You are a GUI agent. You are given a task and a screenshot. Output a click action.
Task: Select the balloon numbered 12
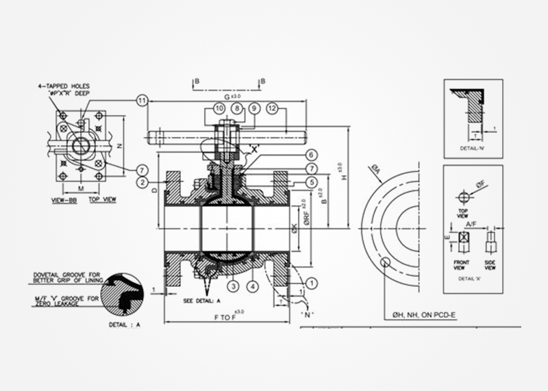click(x=273, y=108)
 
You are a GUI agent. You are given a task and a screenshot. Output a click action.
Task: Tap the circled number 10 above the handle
click(x=219, y=108)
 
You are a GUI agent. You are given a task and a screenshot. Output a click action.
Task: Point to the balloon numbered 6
click(x=311, y=155)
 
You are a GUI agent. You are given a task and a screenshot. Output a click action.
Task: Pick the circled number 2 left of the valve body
click(x=142, y=182)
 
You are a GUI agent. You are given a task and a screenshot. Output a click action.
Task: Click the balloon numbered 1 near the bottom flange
click(x=312, y=282)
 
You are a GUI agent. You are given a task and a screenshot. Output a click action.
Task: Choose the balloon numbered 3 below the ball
click(x=233, y=286)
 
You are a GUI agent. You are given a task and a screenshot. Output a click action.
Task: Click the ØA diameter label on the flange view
click(x=376, y=169)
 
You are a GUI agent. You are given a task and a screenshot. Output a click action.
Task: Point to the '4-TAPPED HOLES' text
click(x=64, y=86)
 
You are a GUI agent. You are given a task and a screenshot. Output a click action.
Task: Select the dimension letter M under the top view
click(x=81, y=187)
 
